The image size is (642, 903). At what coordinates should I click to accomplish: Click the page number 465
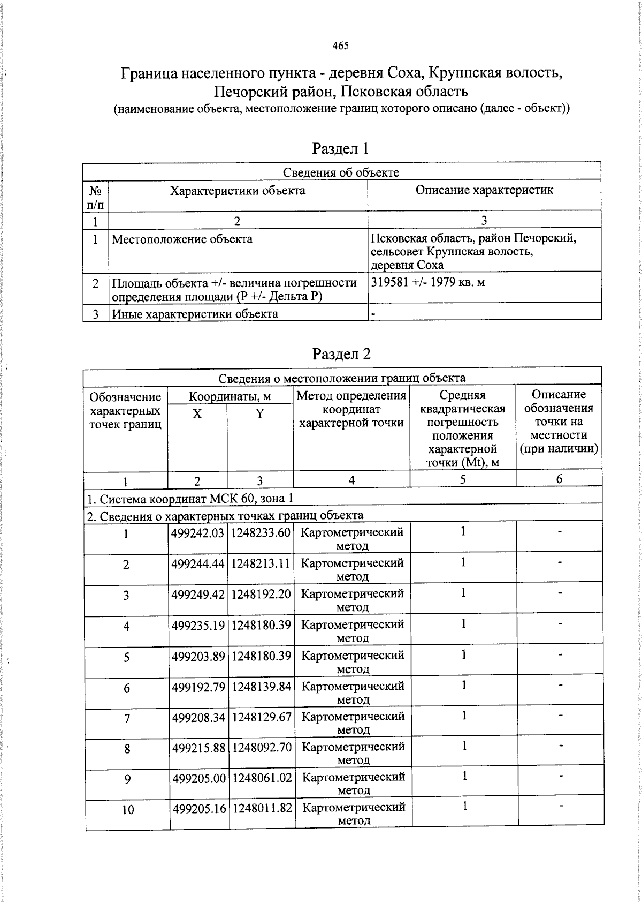point(340,46)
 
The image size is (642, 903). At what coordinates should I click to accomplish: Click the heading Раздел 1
point(341,148)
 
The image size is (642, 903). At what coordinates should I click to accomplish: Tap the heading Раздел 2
point(341,354)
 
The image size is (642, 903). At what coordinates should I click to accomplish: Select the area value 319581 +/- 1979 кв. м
point(428,282)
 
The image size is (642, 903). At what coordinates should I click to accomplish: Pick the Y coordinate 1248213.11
point(261,563)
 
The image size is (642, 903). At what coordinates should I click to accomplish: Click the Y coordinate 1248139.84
point(262,686)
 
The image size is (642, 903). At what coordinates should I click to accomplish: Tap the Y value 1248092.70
point(262,747)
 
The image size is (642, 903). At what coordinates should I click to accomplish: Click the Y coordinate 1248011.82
point(263,808)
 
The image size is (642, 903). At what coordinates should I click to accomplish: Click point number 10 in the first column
point(127,810)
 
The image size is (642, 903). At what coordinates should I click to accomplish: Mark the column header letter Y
point(259,413)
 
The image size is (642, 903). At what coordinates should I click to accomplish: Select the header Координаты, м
point(230,396)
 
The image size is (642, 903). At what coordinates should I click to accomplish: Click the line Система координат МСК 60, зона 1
point(190,499)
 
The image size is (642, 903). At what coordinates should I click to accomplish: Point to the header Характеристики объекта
point(238,191)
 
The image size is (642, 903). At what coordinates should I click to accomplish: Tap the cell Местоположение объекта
point(182,239)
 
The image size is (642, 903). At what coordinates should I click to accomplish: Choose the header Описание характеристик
point(484,190)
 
